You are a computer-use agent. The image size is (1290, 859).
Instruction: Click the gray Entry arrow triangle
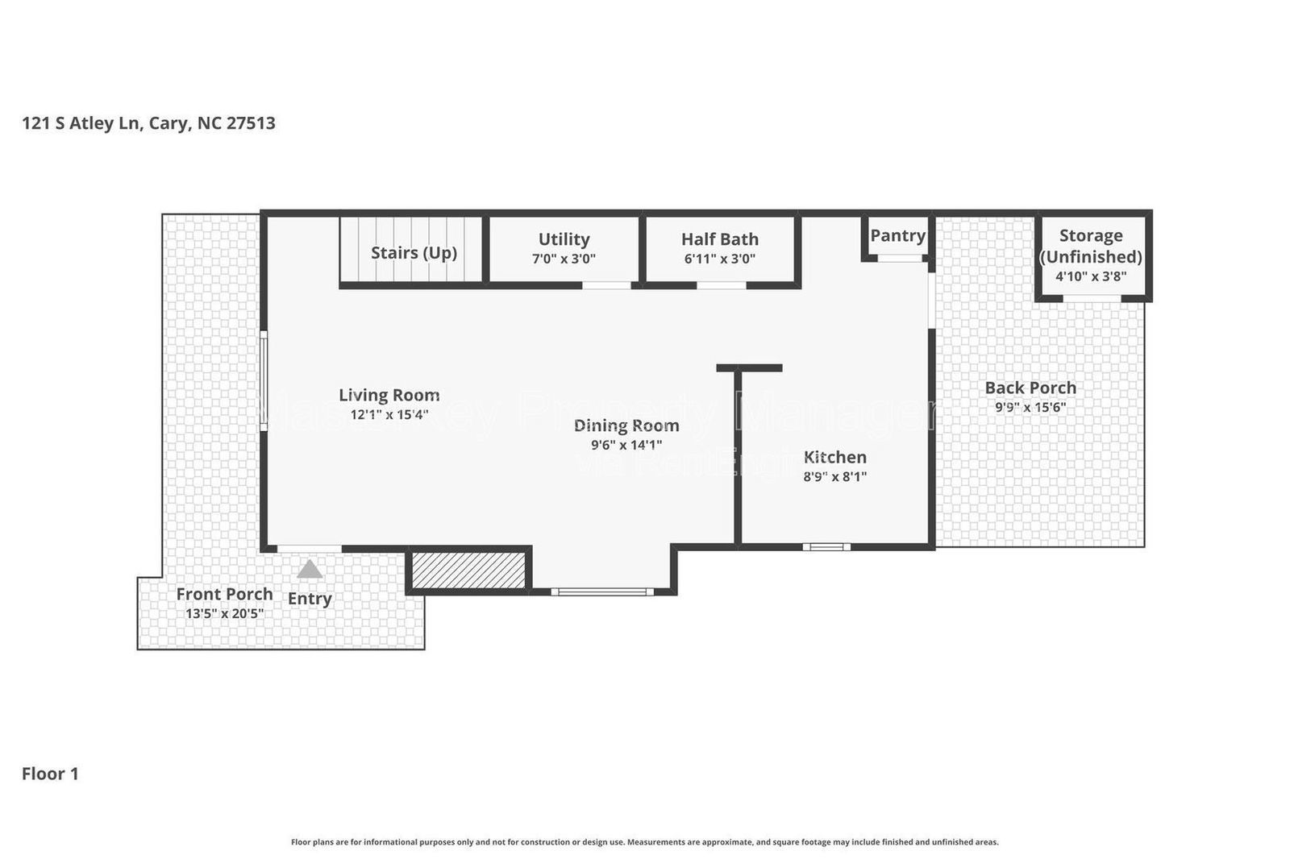[x=310, y=570]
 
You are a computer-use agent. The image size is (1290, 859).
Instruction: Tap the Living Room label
[x=389, y=395]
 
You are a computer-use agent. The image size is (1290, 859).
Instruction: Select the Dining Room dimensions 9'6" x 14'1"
[x=626, y=445]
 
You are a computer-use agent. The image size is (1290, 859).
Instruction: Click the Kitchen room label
[x=834, y=457]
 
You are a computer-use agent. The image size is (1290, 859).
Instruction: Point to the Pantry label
[x=897, y=235]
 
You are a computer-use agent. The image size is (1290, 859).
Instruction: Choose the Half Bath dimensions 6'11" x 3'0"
[x=719, y=259]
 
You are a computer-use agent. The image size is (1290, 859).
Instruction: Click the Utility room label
[x=564, y=239]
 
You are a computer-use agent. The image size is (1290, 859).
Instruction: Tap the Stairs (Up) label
[x=414, y=252]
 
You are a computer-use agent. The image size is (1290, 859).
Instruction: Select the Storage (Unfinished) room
[x=1091, y=255]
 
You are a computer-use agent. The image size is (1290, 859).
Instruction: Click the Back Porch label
[x=1030, y=388]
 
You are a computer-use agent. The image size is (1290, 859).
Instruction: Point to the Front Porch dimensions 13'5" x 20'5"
[x=224, y=613]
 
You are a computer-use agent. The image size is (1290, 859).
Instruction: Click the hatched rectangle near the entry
[x=468, y=570]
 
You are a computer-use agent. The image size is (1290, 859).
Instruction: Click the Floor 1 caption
[x=50, y=774]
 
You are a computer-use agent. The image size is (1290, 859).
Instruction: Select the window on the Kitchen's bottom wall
[x=826, y=547]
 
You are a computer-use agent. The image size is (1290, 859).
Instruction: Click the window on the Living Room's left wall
[x=263, y=384]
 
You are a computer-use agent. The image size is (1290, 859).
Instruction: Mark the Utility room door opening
[x=606, y=284]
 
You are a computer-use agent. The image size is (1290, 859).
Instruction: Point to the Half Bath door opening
[x=721, y=284]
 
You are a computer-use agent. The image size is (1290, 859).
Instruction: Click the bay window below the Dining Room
[x=601, y=591]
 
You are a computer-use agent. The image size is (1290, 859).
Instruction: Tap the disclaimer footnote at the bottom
[x=644, y=842]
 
